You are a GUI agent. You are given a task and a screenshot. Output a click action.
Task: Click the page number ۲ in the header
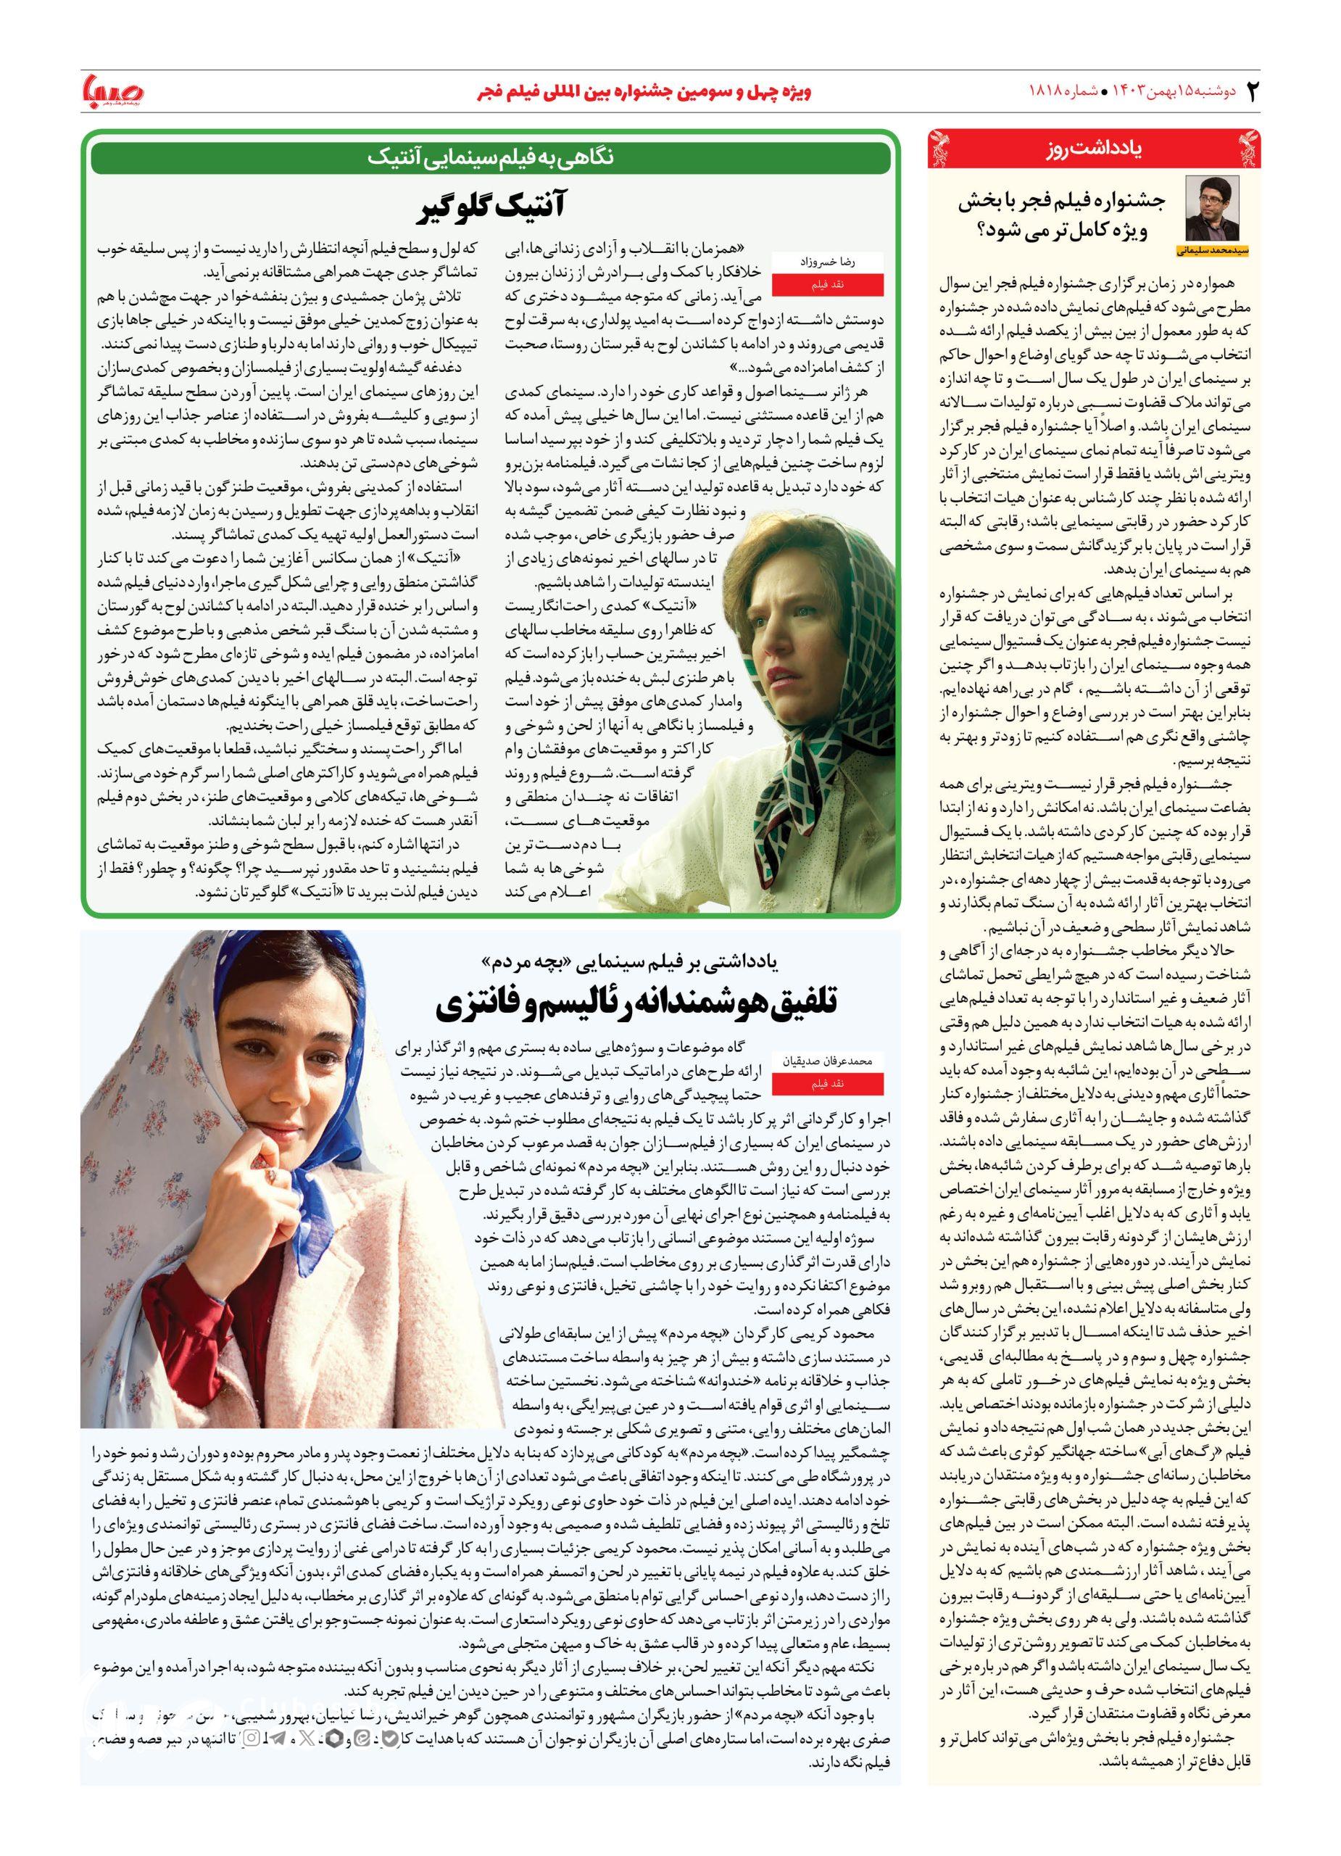point(1250,90)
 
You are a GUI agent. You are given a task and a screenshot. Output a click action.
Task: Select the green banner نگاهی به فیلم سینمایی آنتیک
point(490,157)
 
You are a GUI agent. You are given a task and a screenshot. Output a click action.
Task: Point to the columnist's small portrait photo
point(1212,208)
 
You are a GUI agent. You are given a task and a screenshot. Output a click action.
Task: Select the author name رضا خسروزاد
point(841,261)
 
